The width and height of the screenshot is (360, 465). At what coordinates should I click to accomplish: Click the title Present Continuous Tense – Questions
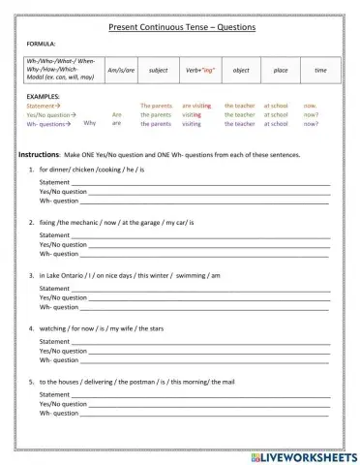(x=181, y=28)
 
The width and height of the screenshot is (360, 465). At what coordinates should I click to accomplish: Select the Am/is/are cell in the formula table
(x=120, y=71)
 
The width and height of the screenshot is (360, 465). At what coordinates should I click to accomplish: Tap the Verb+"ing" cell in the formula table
(x=199, y=71)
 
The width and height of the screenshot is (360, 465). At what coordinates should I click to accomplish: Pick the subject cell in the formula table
(x=158, y=71)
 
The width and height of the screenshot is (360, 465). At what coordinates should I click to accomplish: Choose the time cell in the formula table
(x=320, y=71)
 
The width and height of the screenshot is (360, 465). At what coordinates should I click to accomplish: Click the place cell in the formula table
(x=281, y=71)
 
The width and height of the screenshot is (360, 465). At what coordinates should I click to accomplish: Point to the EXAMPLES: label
(x=44, y=97)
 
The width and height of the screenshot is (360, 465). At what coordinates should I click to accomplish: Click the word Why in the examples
(x=90, y=123)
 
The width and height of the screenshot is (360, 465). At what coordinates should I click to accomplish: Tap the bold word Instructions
(x=39, y=155)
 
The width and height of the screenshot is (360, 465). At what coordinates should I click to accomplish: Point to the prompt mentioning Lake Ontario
(x=129, y=275)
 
